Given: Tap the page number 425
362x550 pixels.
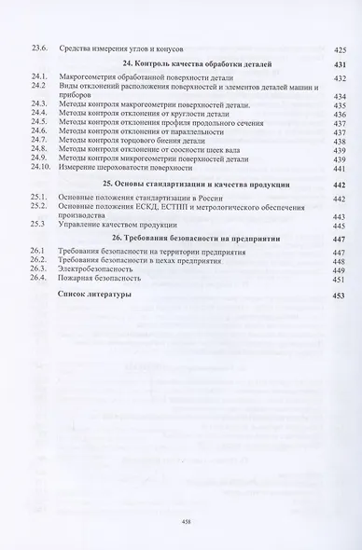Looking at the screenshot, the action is tap(339, 48).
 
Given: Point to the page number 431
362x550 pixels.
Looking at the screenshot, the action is tap(339, 63).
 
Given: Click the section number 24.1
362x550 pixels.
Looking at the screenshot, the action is tap(38, 78).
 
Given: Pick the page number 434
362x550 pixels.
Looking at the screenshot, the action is tap(339, 96).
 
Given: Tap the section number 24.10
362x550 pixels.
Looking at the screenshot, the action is tap(40, 168).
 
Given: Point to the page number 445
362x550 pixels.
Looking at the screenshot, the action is tap(339, 226).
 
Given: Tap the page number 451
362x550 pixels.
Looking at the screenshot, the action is tap(339, 279).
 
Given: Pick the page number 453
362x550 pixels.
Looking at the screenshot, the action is tap(339, 296).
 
